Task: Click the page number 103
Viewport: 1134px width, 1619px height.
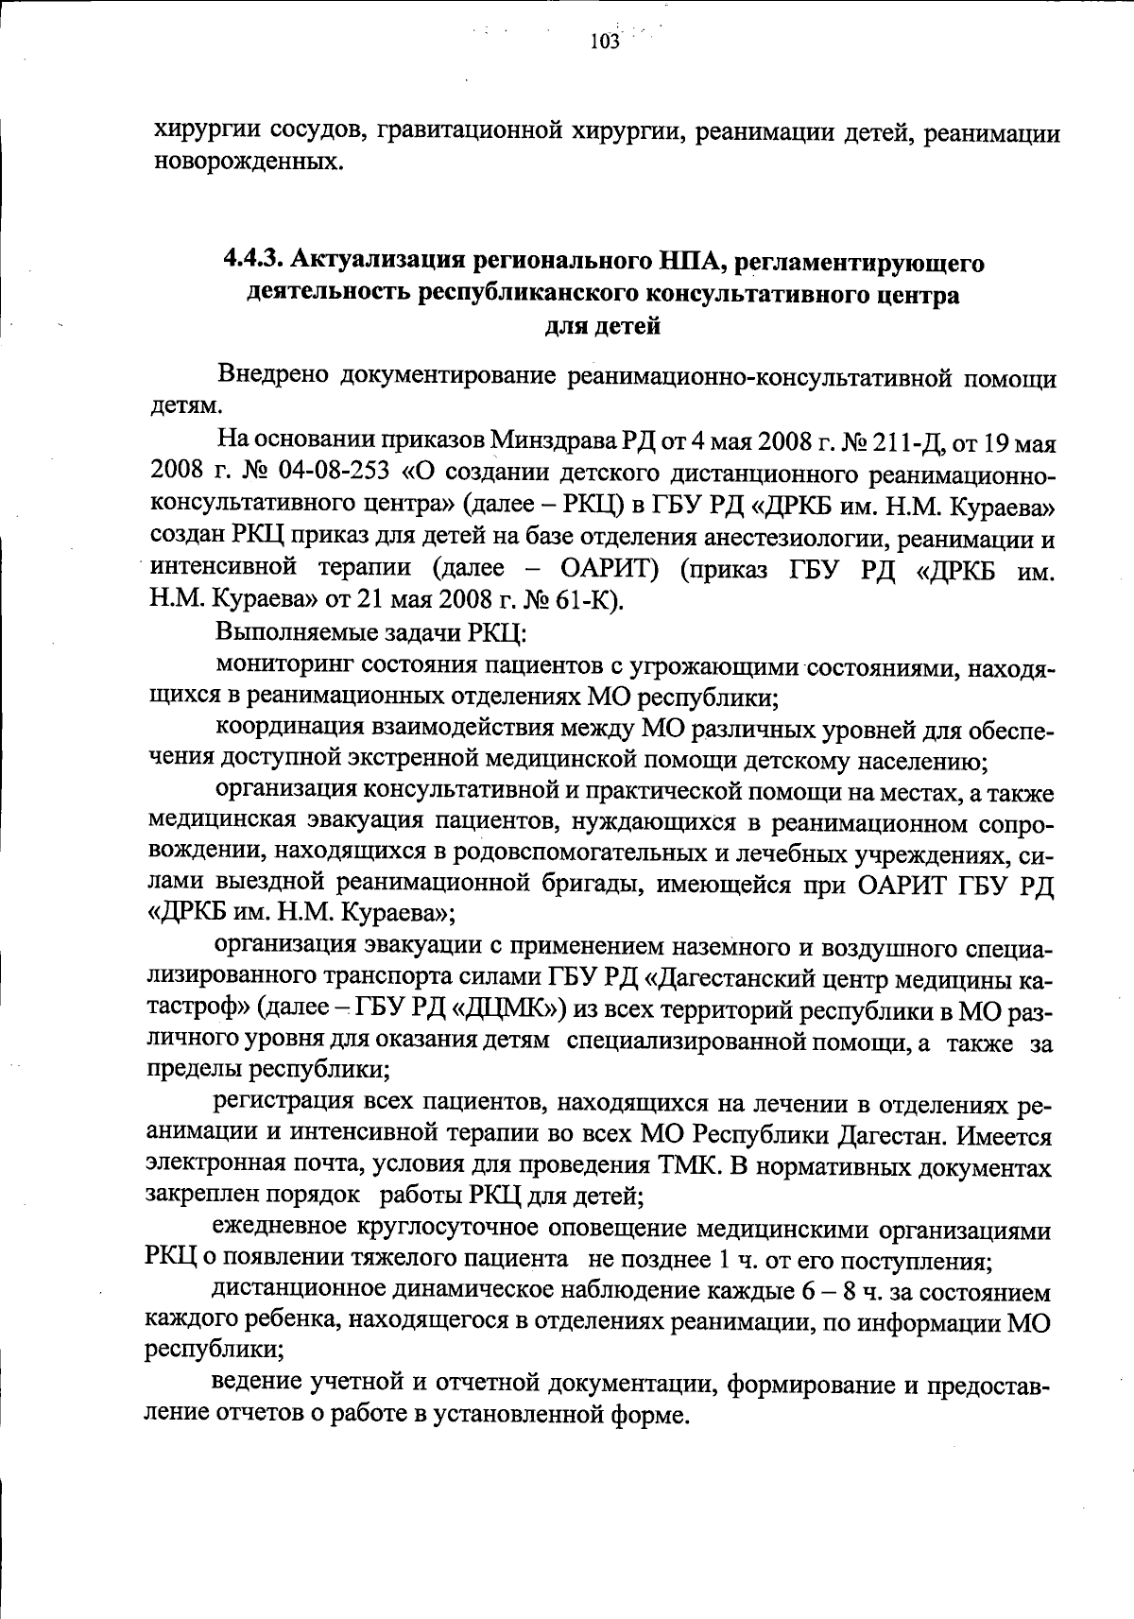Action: coord(604,41)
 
